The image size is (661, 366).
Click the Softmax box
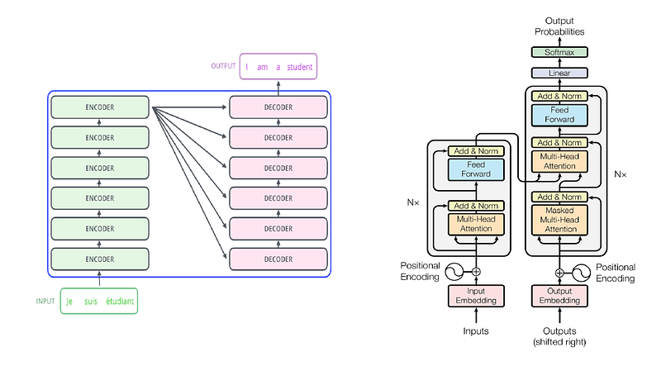coord(559,52)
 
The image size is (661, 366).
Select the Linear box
coord(559,73)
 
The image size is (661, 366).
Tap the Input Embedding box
coord(476,296)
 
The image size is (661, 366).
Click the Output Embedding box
coord(559,296)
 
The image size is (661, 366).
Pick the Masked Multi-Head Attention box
coord(559,220)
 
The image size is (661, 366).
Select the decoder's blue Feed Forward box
coord(559,115)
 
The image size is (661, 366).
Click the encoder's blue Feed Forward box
coord(476,169)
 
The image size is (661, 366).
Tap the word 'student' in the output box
coord(300,67)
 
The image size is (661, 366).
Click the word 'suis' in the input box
coord(91,302)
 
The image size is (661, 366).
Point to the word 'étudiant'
coord(120,301)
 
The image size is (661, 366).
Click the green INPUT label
coord(45,301)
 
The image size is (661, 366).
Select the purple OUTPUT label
coord(223,66)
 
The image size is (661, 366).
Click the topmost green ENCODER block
coord(100,107)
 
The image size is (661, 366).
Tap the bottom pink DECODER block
coord(278,259)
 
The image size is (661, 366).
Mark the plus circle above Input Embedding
coord(476,272)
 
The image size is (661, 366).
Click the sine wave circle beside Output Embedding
coord(581,273)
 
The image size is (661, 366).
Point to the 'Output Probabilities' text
coord(559,26)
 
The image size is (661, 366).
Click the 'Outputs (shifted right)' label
coord(559,336)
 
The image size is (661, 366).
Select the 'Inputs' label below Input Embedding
coord(476,331)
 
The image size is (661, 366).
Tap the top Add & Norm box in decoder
coord(559,96)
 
